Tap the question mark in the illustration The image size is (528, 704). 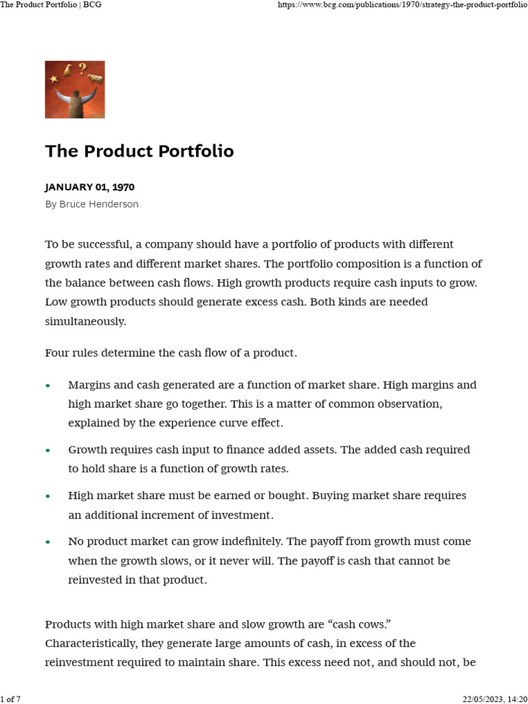[82, 67]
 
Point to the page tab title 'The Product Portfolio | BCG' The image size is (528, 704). [46, 5]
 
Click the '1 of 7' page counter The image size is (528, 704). [10, 699]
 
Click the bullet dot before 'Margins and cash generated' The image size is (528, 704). [47, 386]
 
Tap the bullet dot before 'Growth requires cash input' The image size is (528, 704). [47, 450]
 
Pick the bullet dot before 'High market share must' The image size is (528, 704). [47, 496]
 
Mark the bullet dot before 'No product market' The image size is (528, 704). [47, 542]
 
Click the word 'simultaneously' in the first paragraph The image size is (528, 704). [85, 321]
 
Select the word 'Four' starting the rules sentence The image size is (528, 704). [57, 353]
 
